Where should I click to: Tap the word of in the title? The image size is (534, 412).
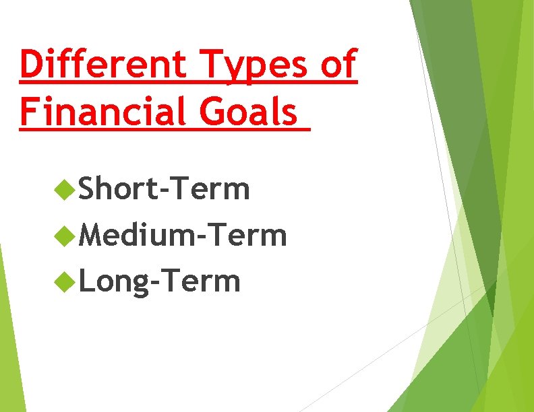[x=337, y=65]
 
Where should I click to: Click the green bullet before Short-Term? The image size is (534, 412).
[x=65, y=191]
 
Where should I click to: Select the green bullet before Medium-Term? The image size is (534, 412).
[x=65, y=236]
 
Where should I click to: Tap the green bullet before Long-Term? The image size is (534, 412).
[x=65, y=281]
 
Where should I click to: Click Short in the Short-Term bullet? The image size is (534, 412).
[x=116, y=189]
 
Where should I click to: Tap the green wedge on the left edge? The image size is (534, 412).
[x=9, y=337]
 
